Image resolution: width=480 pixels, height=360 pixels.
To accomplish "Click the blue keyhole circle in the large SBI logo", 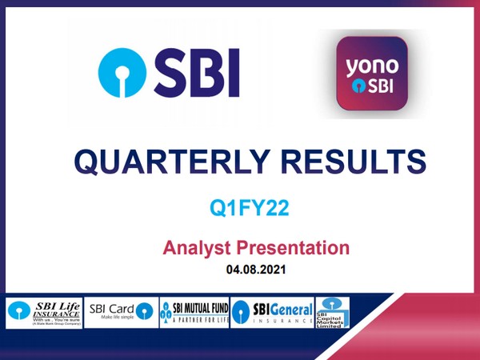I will tap(121, 71).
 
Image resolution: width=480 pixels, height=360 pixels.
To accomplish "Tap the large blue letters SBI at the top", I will tap(196, 72).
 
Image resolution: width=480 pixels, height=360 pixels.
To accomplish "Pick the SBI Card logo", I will tap(121, 311).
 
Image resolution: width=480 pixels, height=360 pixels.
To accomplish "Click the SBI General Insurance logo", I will tap(272, 313).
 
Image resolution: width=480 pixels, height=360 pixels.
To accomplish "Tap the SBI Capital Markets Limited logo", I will tap(333, 313).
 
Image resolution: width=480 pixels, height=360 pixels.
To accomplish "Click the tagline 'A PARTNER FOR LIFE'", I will tap(200, 319).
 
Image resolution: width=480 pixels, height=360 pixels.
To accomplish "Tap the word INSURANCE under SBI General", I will tap(281, 320).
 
